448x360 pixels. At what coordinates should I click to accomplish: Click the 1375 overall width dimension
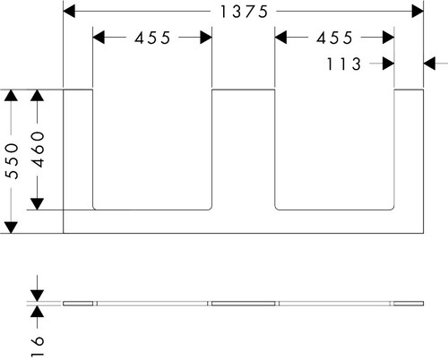coord(244,12)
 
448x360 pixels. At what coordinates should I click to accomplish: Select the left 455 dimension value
coord(152,38)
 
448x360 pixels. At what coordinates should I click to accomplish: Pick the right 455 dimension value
coord(334,38)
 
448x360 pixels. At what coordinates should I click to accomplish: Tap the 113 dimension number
coord(344,64)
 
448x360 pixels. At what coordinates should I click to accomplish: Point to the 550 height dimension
coord(12,161)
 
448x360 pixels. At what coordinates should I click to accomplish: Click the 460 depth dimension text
coord(38,150)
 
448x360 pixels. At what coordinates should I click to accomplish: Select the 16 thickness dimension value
coord(38,346)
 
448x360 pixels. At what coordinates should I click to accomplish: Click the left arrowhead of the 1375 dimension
coord(69,12)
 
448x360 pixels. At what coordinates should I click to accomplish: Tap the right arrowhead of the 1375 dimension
coord(418,12)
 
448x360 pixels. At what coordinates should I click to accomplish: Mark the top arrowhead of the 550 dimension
coord(11,95)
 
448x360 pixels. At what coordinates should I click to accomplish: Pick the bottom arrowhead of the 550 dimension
coord(11,227)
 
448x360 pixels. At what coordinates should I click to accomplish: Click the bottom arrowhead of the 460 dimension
coord(37,204)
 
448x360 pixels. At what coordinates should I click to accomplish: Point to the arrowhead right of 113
coord(388,64)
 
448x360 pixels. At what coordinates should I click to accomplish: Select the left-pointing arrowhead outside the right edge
coord(429,64)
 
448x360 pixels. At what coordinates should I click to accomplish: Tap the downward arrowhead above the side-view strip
coord(37,296)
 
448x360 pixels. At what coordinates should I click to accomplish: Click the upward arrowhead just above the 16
coord(37,312)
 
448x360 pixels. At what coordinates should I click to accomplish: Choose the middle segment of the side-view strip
coord(244,304)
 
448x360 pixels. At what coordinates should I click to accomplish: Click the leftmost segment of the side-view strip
coord(78,304)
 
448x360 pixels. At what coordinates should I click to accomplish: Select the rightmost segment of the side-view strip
coord(409,304)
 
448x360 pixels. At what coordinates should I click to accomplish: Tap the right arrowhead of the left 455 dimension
coord(206,38)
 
